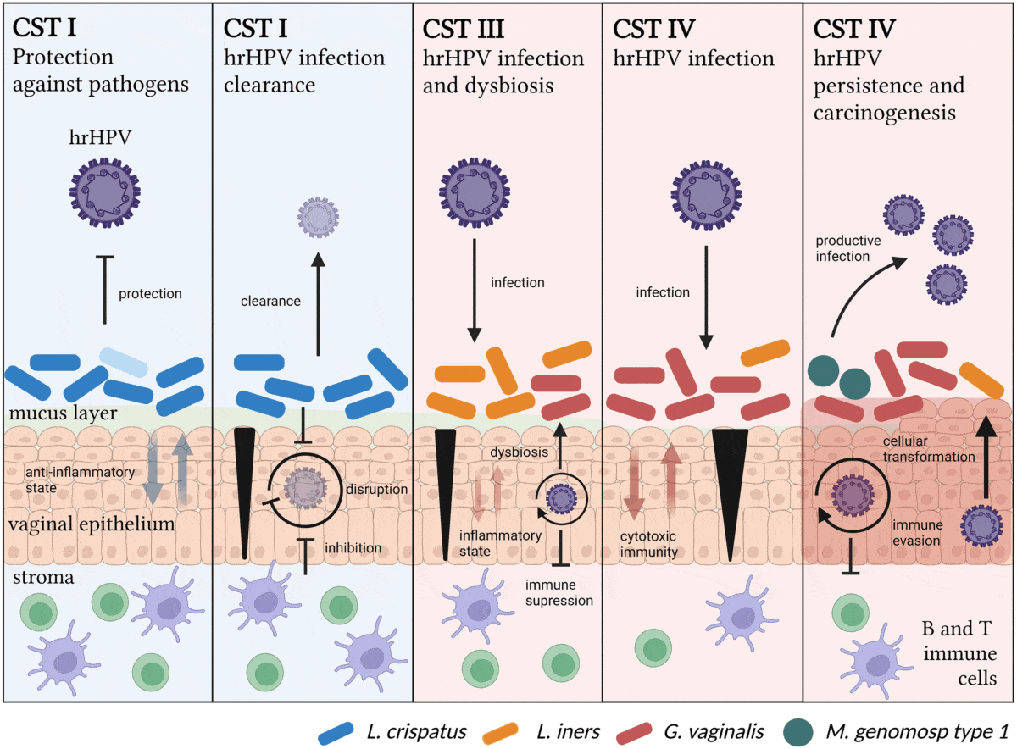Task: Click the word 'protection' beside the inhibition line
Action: pos(150,294)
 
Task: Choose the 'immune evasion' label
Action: pos(915,535)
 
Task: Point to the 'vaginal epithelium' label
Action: pos(92,524)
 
